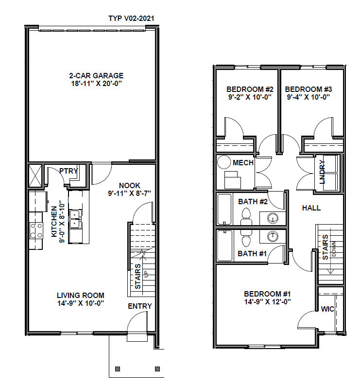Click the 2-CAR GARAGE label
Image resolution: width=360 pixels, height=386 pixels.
(x=96, y=75)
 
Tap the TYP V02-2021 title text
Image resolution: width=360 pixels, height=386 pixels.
(x=131, y=18)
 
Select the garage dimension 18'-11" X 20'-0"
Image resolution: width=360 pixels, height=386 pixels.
(x=97, y=84)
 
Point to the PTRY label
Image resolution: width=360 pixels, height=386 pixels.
(x=69, y=171)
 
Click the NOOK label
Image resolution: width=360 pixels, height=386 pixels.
(x=129, y=185)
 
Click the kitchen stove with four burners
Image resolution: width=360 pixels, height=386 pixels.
(x=36, y=230)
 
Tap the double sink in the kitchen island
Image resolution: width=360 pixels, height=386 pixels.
(x=75, y=219)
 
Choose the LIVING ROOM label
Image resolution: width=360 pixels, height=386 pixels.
(x=81, y=295)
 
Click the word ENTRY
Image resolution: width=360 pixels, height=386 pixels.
(x=140, y=306)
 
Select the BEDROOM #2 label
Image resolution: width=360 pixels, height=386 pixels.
(x=250, y=89)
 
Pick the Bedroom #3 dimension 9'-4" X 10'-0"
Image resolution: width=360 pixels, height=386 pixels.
(x=309, y=97)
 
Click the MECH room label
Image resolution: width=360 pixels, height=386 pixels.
(x=243, y=163)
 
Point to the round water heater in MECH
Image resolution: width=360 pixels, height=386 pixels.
(x=224, y=162)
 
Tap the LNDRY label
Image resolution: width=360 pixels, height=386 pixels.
(x=322, y=172)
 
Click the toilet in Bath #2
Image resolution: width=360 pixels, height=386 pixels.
(x=246, y=217)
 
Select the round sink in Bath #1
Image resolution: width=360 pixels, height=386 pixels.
(x=273, y=236)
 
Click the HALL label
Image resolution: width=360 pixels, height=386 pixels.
(x=311, y=208)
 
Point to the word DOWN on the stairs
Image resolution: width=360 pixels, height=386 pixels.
(x=334, y=248)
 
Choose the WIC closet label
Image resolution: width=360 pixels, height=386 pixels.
(x=327, y=309)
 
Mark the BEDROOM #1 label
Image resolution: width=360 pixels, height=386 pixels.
(x=268, y=294)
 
